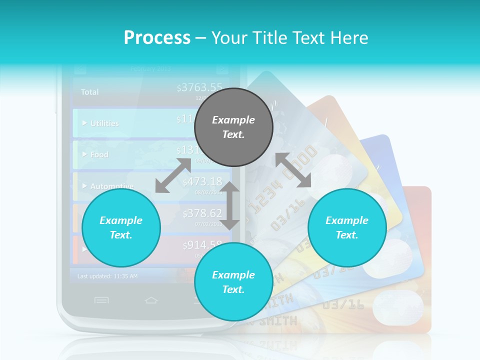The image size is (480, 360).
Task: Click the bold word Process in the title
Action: point(157,38)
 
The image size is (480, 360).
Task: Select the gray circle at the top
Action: point(233,127)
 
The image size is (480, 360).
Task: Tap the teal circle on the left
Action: point(121,227)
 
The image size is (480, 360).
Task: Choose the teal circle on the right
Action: point(347,227)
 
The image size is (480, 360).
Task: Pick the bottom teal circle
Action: point(233,282)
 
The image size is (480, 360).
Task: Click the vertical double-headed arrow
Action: point(230,205)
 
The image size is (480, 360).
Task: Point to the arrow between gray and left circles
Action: point(173,175)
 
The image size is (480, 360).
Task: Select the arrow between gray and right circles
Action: point(293,170)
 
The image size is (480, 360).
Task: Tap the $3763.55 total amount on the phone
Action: point(200,88)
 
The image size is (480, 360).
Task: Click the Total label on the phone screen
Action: point(90,92)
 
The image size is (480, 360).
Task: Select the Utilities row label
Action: point(104,123)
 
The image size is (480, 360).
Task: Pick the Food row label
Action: point(99,155)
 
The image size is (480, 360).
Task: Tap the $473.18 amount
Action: point(202,181)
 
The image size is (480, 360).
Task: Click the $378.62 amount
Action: point(202,214)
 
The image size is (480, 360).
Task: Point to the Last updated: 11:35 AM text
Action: point(107,276)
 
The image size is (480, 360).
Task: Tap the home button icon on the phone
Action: point(151,300)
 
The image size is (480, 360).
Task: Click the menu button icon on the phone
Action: point(101,300)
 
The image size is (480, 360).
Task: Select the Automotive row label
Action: point(111,186)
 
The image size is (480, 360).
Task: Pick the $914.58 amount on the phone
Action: point(202,245)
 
